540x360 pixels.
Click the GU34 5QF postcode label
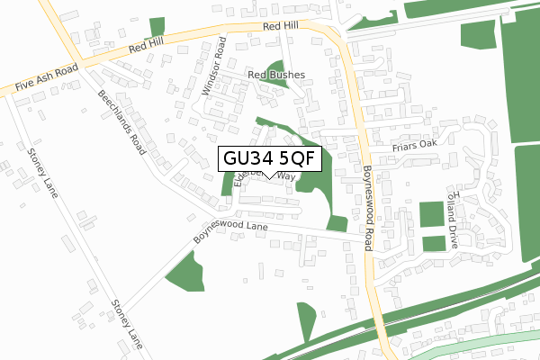[x=269, y=158]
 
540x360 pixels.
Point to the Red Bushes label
[x=277, y=75]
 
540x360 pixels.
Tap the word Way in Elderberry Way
[x=285, y=176]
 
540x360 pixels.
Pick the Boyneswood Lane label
[x=231, y=231]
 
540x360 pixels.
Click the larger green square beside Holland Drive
[x=432, y=216]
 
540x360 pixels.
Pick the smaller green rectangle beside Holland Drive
[x=434, y=243]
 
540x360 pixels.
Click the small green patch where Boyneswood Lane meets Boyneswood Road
[x=337, y=224]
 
